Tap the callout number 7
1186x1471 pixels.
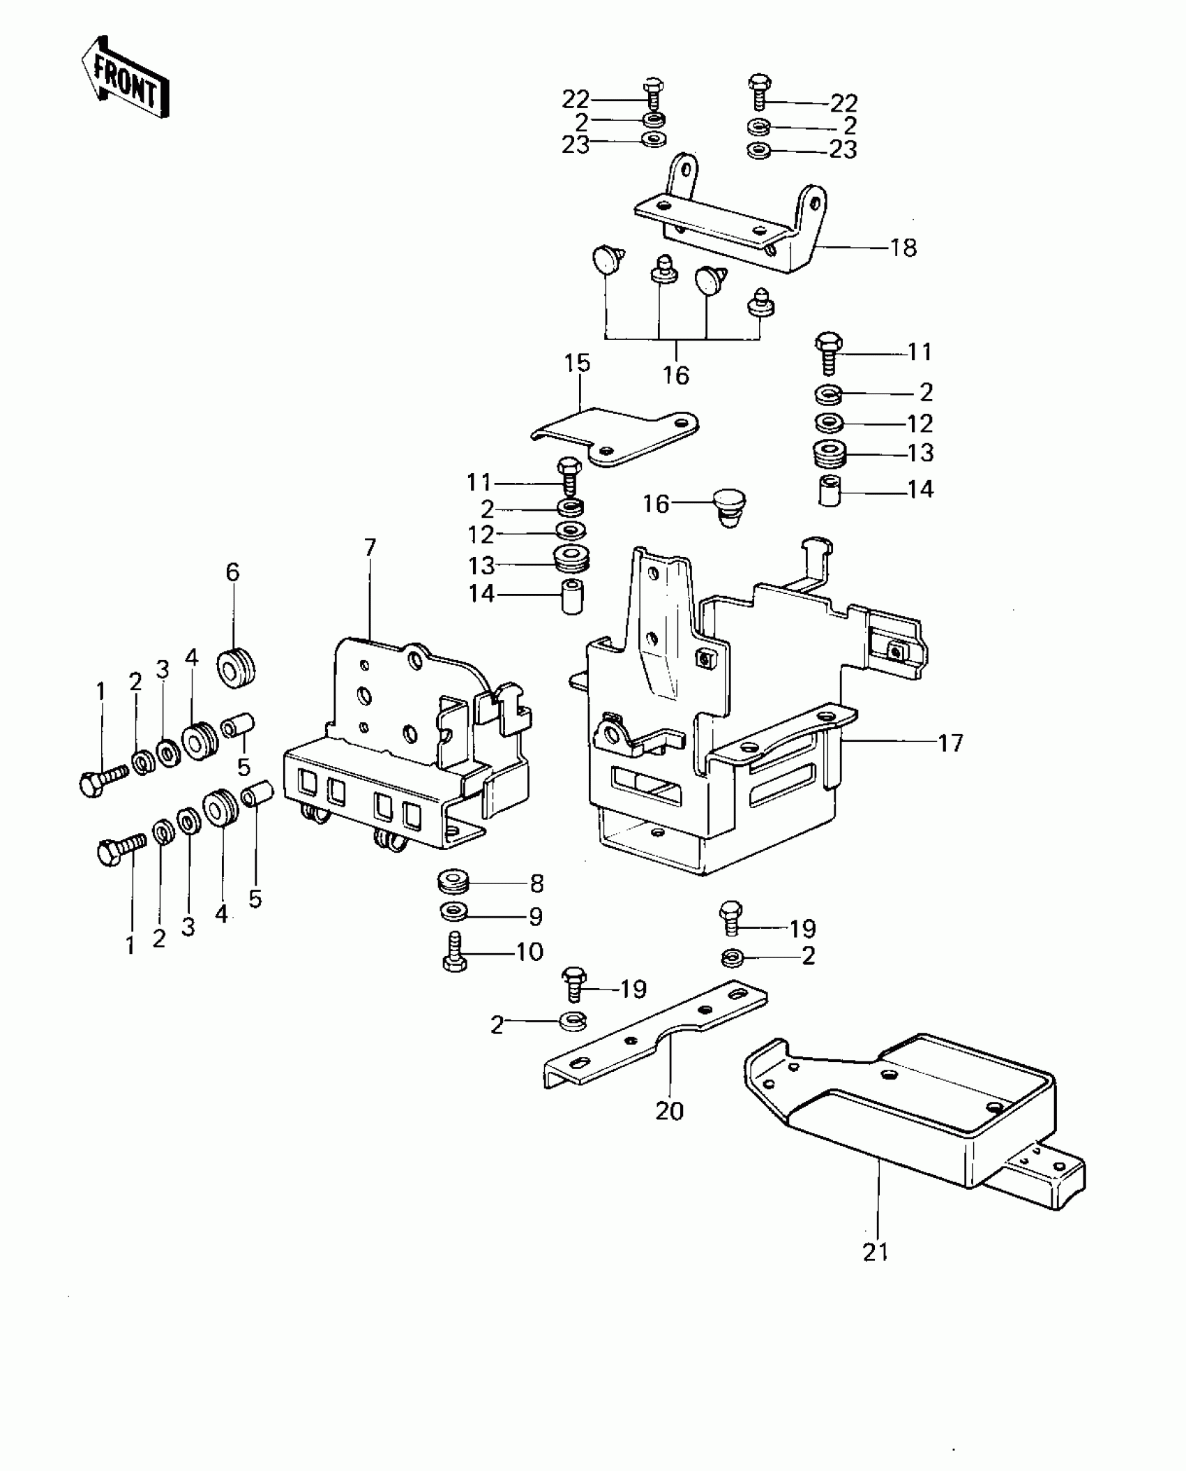pyautogui.click(x=370, y=548)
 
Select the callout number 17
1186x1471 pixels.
pyautogui.click(x=950, y=742)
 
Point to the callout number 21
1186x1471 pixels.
pyautogui.click(x=876, y=1252)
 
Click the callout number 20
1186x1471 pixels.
pyautogui.click(x=670, y=1110)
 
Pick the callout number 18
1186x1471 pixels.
pyautogui.click(x=903, y=248)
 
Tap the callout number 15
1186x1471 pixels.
pyautogui.click(x=578, y=363)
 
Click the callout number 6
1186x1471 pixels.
pyautogui.click(x=232, y=573)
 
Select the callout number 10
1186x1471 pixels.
pyautogui.click(x=530, y=951)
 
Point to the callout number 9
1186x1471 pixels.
pyautogui.click(x=535, y=916)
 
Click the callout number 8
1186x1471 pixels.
pyautogui.click(x=536, y=883)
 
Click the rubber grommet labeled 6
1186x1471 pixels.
pyautogui.click(x=237, y=668)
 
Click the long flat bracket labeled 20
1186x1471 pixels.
pyautogui.click(x=656, y=1040)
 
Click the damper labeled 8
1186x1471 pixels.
pyautogui.click(x=454, y=881)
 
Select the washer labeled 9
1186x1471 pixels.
pyautogui.click(x=454, y=912)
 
